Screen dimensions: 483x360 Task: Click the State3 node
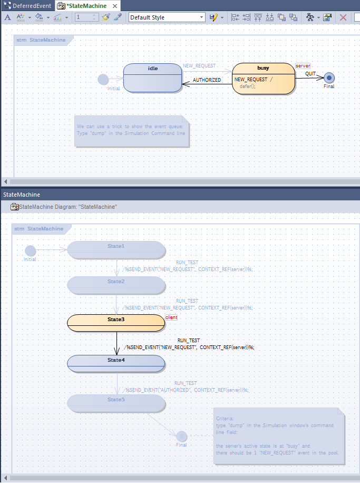116,323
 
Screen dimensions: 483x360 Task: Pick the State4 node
116,363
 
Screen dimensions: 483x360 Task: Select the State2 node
116,285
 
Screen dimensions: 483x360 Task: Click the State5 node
116,403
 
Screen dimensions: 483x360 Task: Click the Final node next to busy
329,78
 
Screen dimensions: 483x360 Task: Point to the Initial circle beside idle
103,80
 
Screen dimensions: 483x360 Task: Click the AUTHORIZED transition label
207,80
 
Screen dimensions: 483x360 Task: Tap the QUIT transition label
310,74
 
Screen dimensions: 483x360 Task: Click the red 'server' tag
303,66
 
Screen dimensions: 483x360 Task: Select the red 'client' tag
171,317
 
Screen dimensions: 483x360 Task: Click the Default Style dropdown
167,17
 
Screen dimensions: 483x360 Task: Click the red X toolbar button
343,17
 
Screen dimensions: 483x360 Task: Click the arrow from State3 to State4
116,343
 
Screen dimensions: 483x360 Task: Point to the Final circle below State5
181,436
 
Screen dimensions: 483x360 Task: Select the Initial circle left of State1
30,250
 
